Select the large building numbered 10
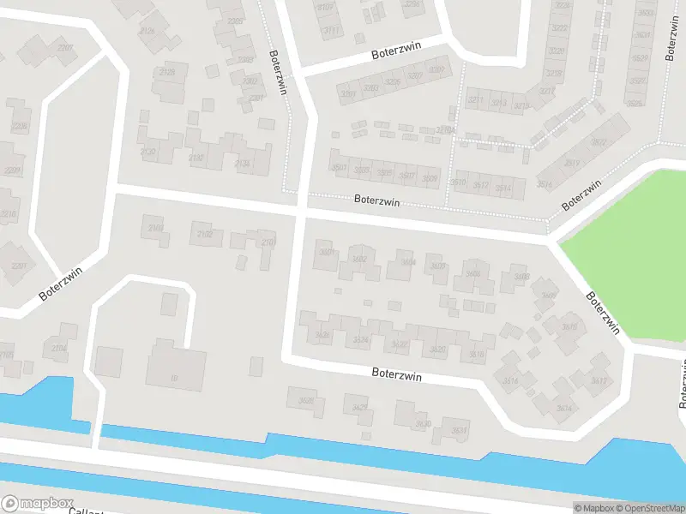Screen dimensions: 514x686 coord(175,367)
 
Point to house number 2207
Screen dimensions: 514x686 coord(65,48)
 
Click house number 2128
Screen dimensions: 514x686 coord(168,73)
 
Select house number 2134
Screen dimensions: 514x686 coord(243,163)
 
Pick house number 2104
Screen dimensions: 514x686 coord(58,348)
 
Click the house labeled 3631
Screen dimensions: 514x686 coord(460,430)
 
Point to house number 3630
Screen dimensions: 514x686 coord(422,423)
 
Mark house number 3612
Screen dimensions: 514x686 coord(599,381)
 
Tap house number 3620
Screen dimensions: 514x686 coord(437,350)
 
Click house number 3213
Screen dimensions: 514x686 coord(498,105)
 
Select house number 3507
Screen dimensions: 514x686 coord(407,176)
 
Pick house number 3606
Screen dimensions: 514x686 coord(472,273)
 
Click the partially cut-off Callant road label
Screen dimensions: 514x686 coord(85,509)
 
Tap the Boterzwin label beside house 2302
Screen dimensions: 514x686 coord(278,74)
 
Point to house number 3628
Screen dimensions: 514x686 coord(304,401)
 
